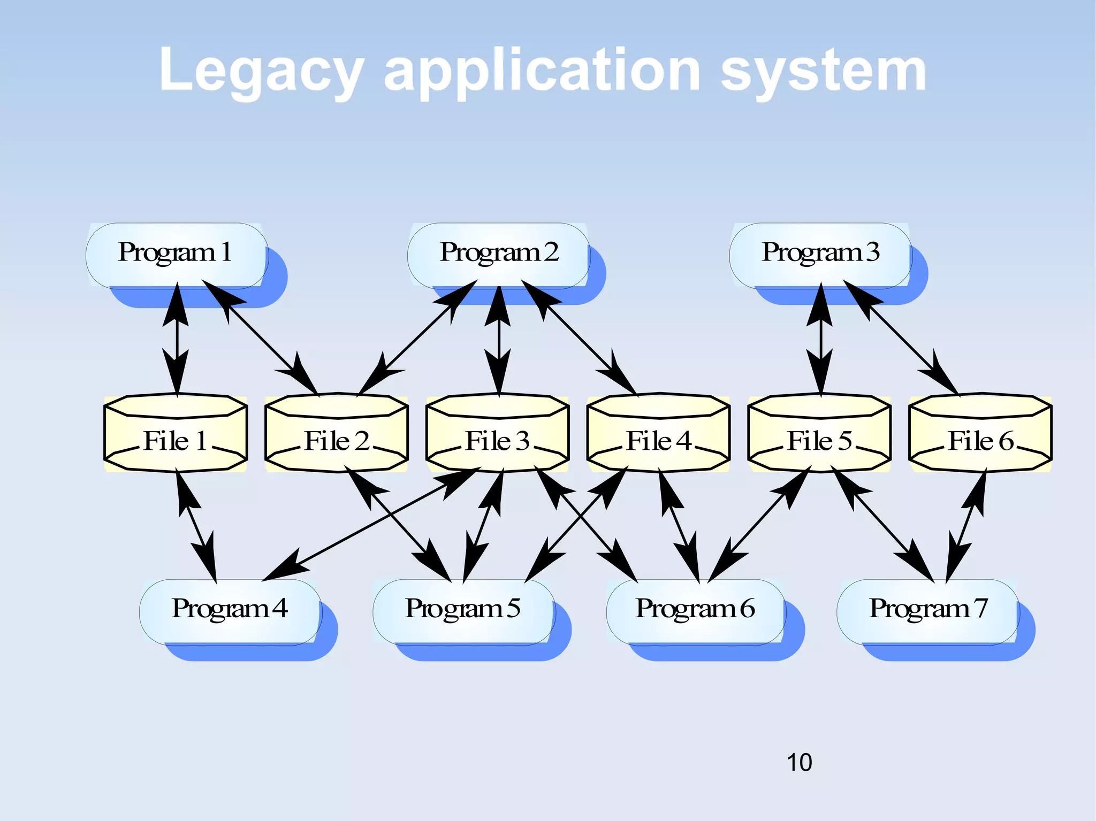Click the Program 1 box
176,255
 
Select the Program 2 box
498,255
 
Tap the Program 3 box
820,255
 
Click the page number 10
799,762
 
